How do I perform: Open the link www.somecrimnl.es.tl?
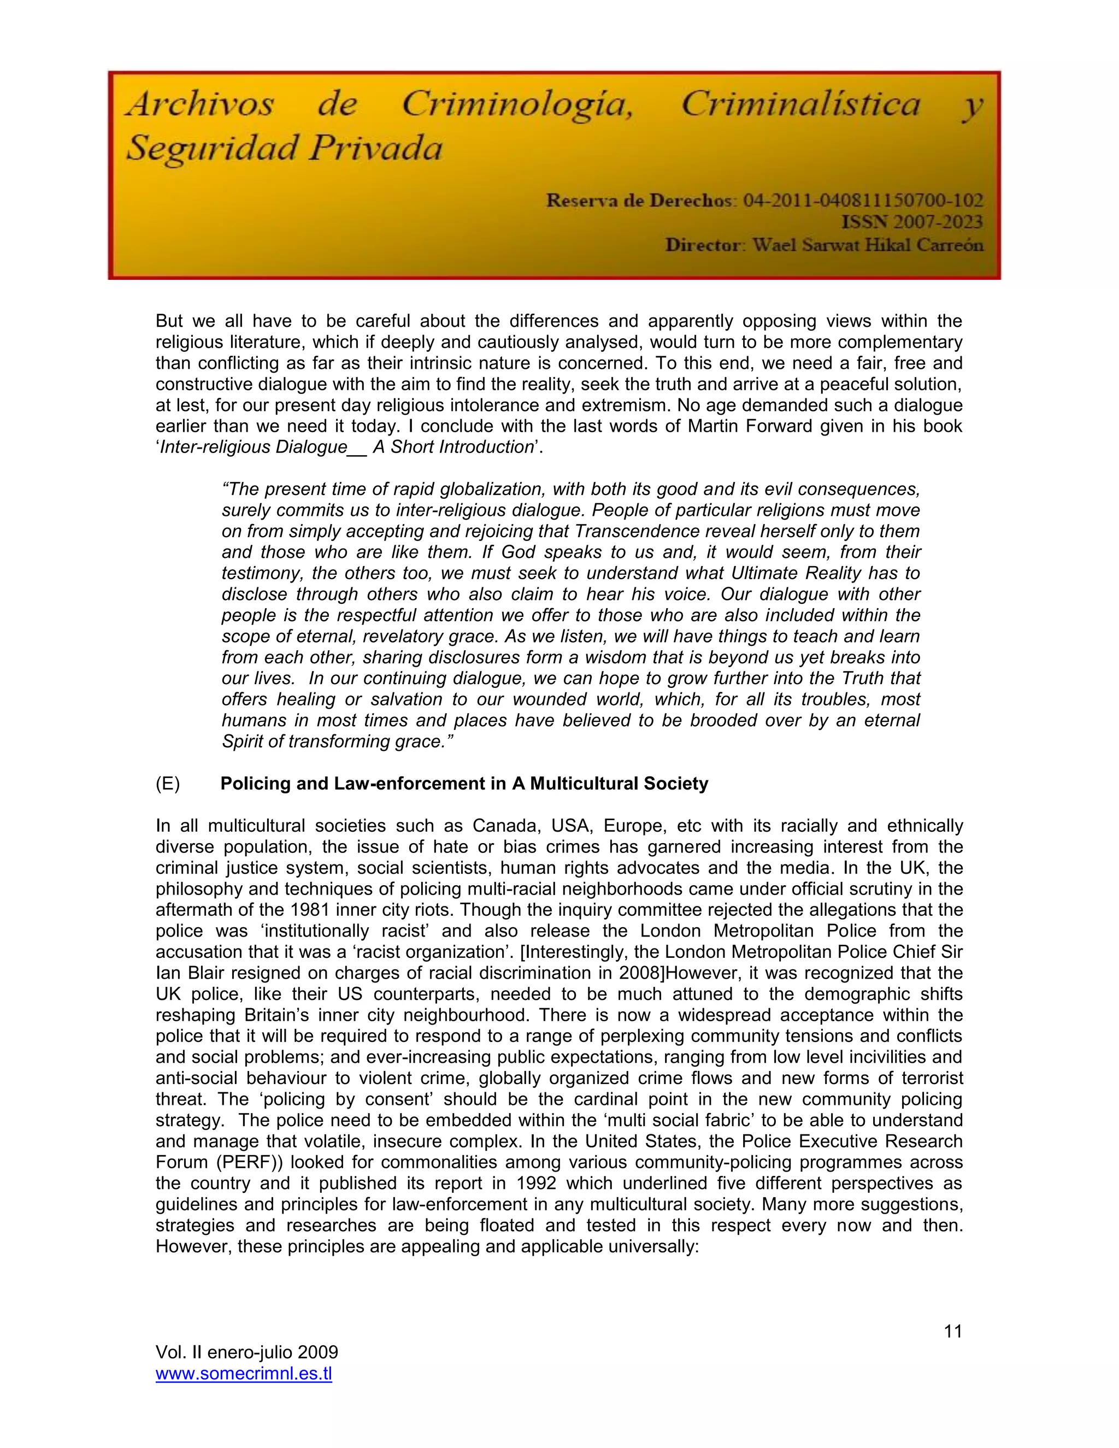coord(244,1374)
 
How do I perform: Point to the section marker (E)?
coord(168,784)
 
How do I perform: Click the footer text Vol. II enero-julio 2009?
coord(246,1352)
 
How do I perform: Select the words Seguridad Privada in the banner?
coord(284,149)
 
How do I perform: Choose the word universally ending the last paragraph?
coord(651,1246)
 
